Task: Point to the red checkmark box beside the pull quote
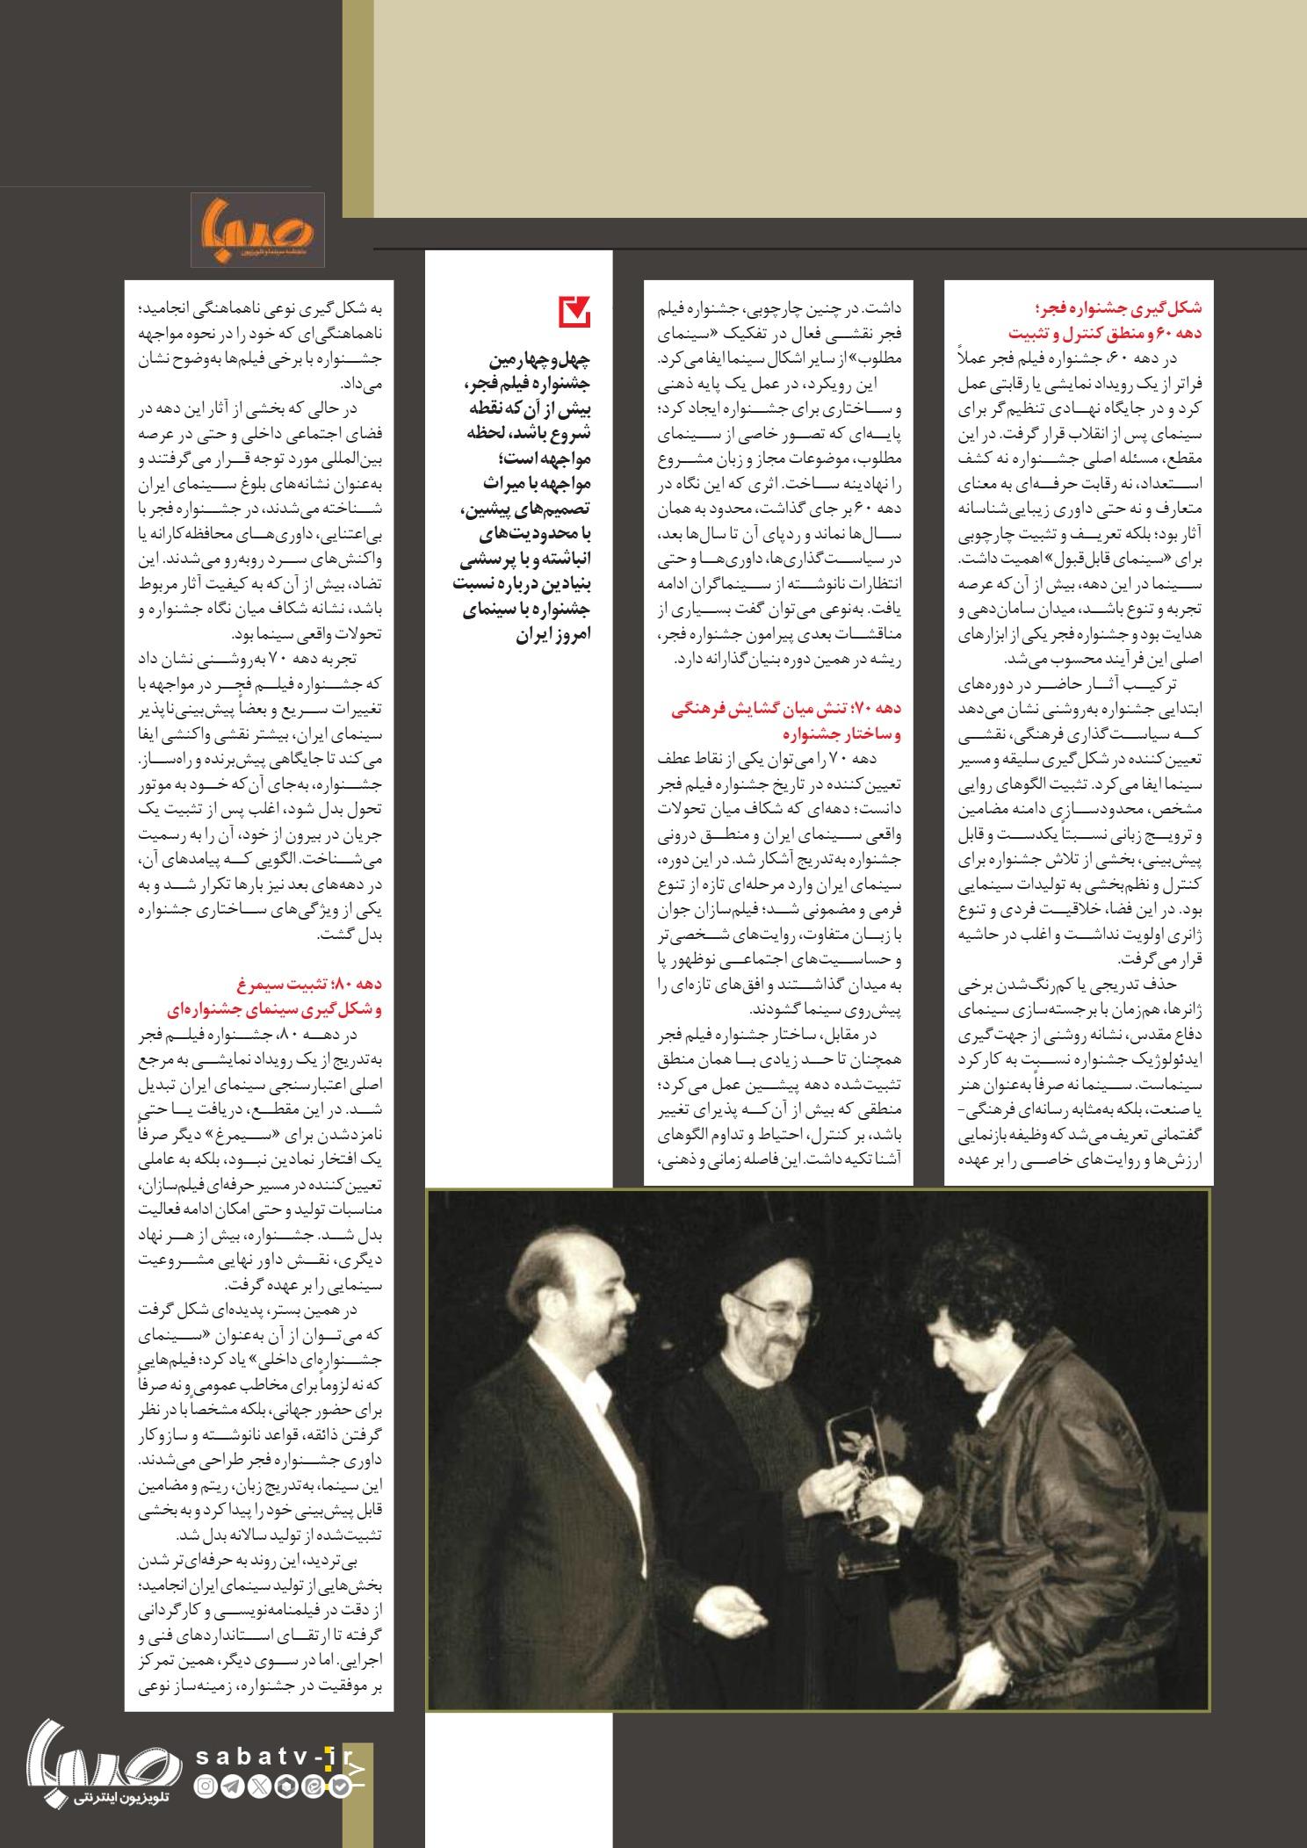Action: click(x=575, y=313)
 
